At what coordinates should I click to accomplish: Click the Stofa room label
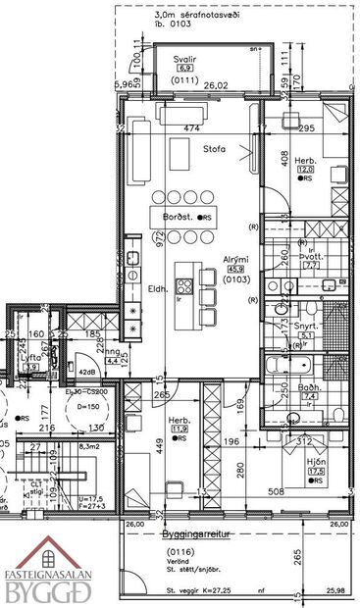tap(216, 150)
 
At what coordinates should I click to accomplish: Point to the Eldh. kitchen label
tap(158, 289)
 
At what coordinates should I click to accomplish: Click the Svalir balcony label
tap(188, 60)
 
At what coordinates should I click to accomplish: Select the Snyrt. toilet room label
tap(306, 324)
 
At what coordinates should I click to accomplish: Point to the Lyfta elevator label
tap(30, 358)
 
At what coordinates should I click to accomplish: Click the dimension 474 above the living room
tap(193, 128)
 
